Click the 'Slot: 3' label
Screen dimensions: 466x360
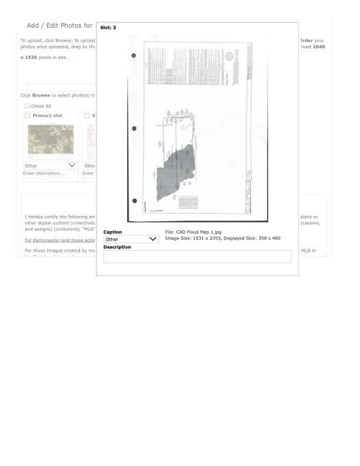pos(108,28)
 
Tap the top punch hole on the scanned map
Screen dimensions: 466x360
pos(134,56)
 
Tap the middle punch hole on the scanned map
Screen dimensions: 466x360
pos(134,128)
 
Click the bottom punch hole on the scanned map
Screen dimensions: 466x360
pos(134,201)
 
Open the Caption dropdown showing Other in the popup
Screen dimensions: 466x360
pos(131,239)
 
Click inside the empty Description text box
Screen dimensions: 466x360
pos(197,257)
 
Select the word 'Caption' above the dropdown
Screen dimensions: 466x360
pos(112,232)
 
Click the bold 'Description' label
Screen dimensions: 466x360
pos(117,247)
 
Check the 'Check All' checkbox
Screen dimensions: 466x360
pos(27,106)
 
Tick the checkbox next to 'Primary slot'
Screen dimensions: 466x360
pos(27,116)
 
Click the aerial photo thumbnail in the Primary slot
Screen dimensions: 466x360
pos(51,139)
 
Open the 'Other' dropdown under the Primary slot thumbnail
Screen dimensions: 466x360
pos(50,165)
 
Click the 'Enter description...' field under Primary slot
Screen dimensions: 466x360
pos(50,174)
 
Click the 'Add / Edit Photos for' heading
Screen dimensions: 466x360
pos(59,25)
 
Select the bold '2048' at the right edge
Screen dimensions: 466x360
pos(318,46)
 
